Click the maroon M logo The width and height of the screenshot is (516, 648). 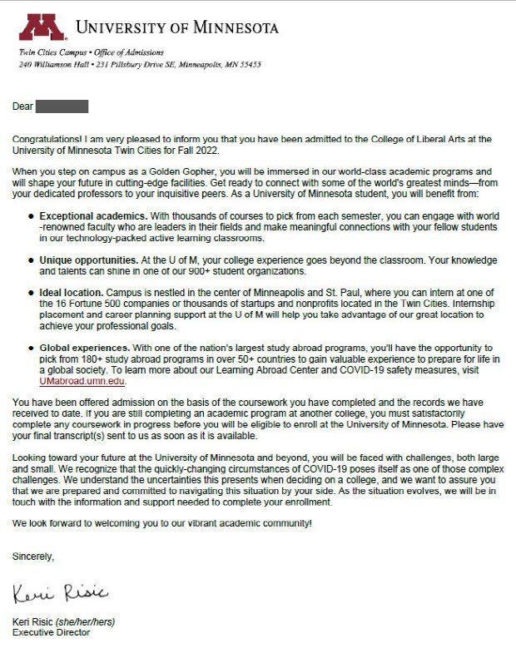coord(42,28)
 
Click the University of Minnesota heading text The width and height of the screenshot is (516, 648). coord(177,28)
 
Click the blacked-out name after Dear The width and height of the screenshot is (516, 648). coord(62,106)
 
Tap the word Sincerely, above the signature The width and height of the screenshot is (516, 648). coord(33,556)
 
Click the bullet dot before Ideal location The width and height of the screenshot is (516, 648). coord(30,293)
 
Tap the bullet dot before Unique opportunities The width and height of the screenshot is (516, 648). coord(30,260)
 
